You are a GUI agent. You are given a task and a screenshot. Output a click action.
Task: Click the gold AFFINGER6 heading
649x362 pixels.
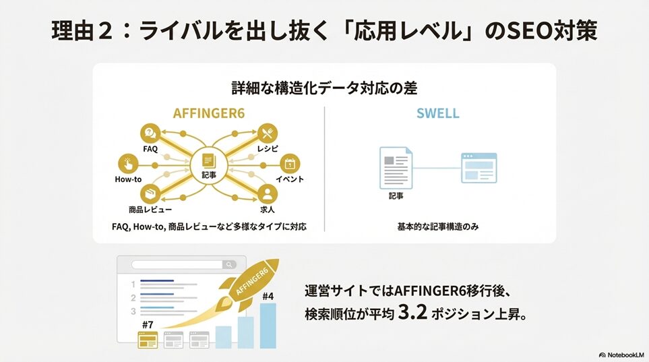coord(209,113)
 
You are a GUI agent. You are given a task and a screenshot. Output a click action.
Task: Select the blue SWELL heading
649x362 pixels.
coord(438,113)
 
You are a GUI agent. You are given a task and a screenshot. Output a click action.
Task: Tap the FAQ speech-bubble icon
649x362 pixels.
coord(150,133)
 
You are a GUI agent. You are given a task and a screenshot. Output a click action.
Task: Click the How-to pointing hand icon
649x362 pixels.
coord(128,164)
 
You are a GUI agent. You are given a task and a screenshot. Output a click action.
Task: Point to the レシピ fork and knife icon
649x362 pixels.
coord(268,133)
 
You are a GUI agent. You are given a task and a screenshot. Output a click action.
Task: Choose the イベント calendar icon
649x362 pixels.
coord(290,164)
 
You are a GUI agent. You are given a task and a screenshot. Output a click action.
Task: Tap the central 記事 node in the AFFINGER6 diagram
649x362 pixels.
coord(209,165)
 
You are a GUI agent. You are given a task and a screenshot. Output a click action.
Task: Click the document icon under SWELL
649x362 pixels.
coord(396,168)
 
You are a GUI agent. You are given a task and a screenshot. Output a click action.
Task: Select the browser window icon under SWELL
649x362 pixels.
coord(479,168)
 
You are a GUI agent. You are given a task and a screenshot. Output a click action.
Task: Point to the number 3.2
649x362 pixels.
coord(412,312)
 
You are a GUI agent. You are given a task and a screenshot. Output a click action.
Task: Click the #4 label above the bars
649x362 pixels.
coord(268,296)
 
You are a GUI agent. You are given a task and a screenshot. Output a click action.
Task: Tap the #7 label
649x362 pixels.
coord(148,325)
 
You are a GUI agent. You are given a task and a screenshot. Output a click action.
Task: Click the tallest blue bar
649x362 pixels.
coord(268,326)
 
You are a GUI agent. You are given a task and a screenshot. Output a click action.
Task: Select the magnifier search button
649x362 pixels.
coord(229,265)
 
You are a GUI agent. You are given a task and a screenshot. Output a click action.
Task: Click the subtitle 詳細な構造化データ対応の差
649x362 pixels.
coord(324,88)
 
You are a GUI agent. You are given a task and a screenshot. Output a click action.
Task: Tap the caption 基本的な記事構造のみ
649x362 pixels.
coord(438,227)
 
